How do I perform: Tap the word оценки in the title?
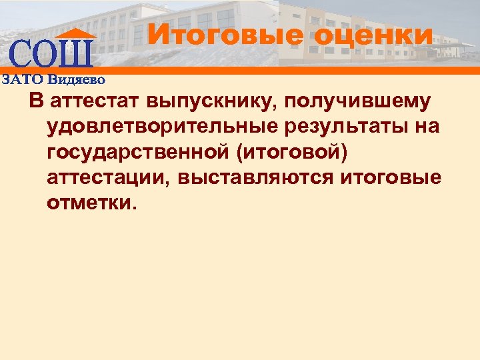pyautogui.click(x=373, y=34)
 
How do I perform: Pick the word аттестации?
pyautogui.click(x=115, y=177)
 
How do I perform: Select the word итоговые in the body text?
pyautogui.click(x=390, y=177)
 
